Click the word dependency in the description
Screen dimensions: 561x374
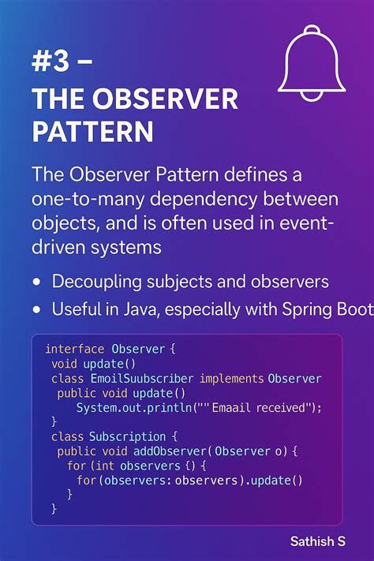pos(203,197)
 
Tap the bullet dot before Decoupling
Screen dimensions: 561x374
pos(37,282)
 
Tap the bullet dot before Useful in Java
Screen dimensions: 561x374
pos(37,310)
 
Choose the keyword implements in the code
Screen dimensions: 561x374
pos(232,379)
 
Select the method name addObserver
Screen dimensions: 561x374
pos(171,451)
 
